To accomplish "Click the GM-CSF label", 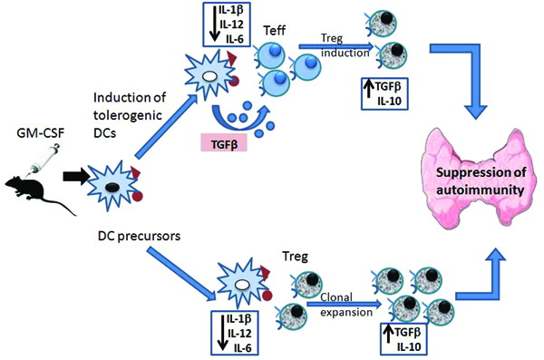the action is coord(41,133).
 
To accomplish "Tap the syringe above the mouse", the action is coord(44,159).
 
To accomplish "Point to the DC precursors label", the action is coord(139,236).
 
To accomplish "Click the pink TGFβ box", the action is coord(224,143).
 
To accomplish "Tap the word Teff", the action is coord(274,31).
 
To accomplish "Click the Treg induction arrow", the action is coord(336,46).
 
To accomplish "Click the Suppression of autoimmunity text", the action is coord(481,180).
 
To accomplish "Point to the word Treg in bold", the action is coord(296,257).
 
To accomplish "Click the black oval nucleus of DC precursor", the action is coord(112,187).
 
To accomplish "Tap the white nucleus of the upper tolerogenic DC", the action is coord(209,76).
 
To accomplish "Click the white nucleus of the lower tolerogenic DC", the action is coord(240,285).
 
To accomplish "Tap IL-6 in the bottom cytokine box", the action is coord(242,347).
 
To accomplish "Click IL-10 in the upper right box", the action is coord(389,101).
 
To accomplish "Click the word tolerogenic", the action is coord(128,115).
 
